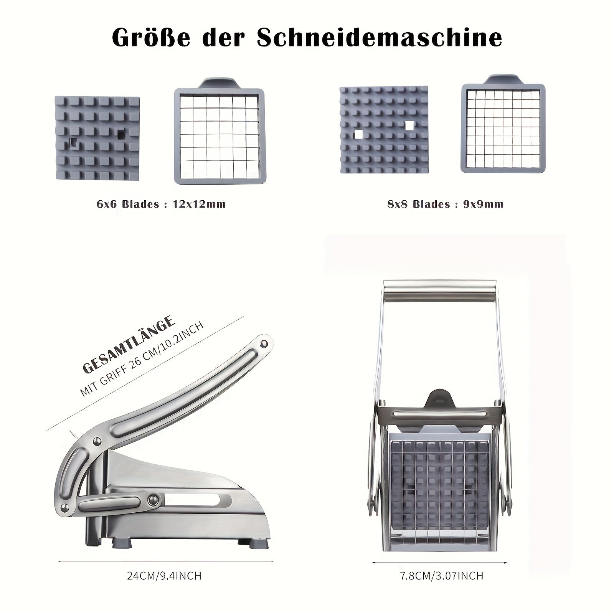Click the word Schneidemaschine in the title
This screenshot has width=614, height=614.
point(380,38)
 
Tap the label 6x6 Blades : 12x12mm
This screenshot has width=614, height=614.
point(161,204)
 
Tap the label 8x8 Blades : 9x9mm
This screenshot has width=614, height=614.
point(446,204)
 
